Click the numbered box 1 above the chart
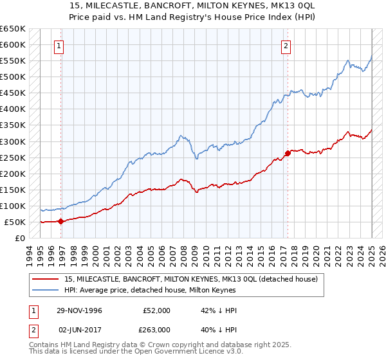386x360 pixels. coord(59,45)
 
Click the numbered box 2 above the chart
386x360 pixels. coord(285,45)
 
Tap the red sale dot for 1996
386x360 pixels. coord(61,221)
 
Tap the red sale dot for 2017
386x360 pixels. coord(287,153)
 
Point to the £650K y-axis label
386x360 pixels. coord(13,29)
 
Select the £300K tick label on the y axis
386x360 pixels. coord(13,141)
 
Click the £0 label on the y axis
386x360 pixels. coord(20,238)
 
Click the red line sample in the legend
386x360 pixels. coord(45,280)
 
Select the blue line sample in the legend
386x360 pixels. coord(45,290)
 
